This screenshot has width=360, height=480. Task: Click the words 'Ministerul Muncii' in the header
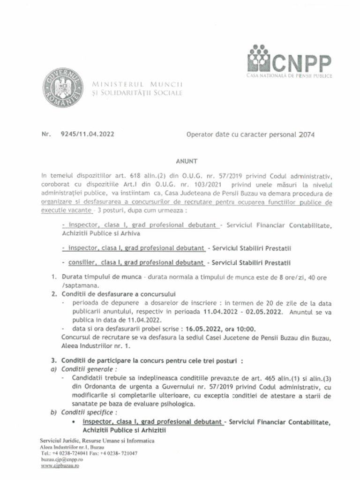(137, 84)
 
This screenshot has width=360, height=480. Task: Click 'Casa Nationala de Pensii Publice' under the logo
(289, 75)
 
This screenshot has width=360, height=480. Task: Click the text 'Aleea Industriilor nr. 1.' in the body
(97, 346)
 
